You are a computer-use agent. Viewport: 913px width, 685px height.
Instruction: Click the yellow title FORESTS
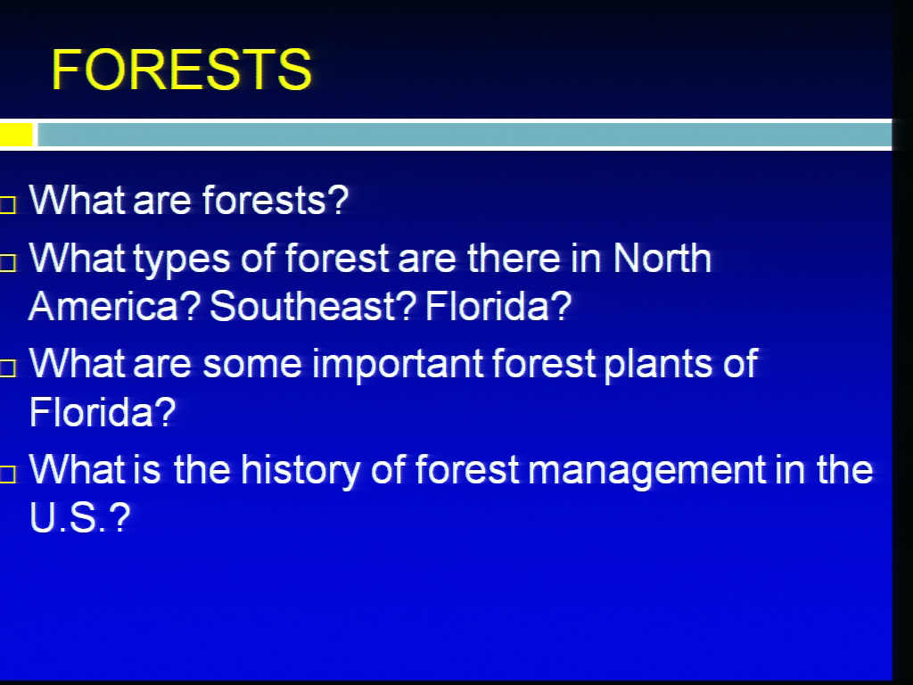click(x=182, y=70)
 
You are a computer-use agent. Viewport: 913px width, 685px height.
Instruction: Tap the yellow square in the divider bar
click(x=16, y=135)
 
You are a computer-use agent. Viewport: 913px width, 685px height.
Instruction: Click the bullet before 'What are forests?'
click(x=7, y=205)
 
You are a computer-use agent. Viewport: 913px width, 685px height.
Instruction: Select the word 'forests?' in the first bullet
click(x=276, y=200)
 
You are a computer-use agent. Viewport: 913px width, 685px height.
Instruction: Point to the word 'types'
click(x=182, y=260)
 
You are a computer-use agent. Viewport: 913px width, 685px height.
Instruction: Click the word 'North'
click(x=662, y=257)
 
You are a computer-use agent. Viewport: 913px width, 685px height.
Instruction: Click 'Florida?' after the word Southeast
click(x=498, y=306)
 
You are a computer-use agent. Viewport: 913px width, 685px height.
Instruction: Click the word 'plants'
click(x=658, y=365)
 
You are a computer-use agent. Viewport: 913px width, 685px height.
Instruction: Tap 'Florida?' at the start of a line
click(x=103, y=411)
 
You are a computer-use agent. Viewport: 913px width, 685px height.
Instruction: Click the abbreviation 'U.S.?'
click(x=79, y=516)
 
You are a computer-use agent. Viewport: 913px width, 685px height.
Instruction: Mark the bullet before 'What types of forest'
click(x=7, y=263)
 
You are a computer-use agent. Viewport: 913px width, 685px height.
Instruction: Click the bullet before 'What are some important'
click(x=7, y=368)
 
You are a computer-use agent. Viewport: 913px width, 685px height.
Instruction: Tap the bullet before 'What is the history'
click(x=7, y=475)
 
